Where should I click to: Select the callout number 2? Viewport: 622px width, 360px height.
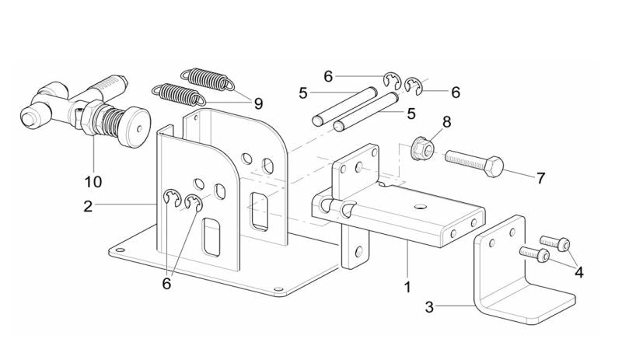(88, 206)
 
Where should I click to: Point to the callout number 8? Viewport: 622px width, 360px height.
(446, 122)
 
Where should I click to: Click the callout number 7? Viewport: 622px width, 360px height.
(540, 178)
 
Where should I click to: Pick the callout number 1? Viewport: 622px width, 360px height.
(407, 287)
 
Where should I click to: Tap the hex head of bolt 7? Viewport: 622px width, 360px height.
(493, 165)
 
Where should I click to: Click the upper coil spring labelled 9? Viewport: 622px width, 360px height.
(206, 79)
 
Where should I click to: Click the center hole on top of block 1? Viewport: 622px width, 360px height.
(420, 206)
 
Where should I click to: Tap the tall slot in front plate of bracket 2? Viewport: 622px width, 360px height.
(211, 237)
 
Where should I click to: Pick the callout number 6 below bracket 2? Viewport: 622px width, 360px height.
(166, 284)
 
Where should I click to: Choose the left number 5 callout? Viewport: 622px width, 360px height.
(303, 93)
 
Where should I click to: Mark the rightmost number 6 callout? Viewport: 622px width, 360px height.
(456, 92)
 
